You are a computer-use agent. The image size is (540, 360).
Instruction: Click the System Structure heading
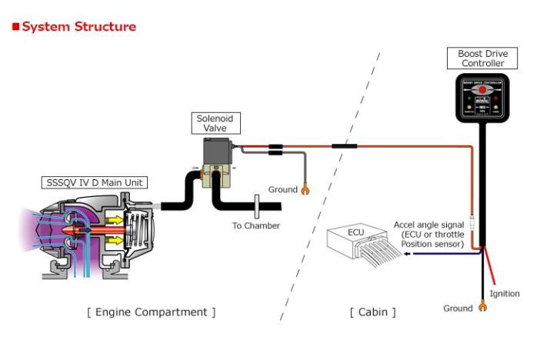78,27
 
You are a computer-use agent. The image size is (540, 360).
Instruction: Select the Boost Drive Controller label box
482,58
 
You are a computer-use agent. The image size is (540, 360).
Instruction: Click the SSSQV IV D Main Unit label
95,183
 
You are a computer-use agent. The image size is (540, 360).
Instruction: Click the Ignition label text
505,294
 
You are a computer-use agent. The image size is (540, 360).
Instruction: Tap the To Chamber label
256,226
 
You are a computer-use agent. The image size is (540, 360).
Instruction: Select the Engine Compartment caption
151,312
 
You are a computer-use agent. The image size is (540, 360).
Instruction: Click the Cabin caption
373,312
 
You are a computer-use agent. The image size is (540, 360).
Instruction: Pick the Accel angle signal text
428,235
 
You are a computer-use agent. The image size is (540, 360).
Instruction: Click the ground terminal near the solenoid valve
305,189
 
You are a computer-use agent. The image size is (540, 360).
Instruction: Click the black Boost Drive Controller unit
482,98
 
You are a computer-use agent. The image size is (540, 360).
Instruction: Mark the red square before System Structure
15,27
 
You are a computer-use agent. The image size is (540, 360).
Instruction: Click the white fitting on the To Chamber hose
256,206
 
